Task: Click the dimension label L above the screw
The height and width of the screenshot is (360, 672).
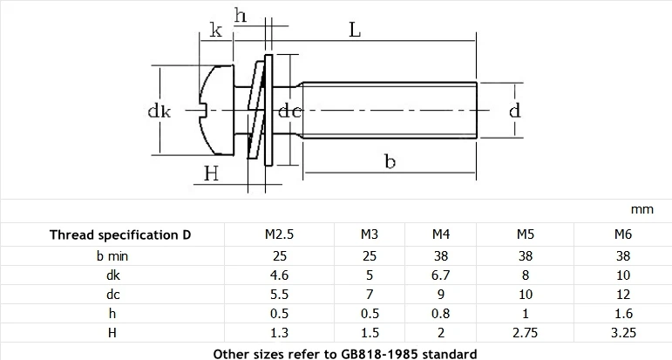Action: click(355, 30)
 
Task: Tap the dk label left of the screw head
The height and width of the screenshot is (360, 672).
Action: click(159, 111)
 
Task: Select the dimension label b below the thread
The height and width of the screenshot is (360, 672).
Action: click(390, 161)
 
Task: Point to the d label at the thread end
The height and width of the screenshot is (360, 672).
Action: click(515, 110)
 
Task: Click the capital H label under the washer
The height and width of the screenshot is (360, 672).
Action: click(211, 173)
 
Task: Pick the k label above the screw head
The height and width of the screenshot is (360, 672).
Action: click(215, 30)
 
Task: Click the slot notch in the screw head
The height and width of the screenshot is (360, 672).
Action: click(204, 110)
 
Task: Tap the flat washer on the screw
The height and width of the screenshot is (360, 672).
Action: click(268, 110)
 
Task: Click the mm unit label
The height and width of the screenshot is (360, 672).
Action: click(642, 209)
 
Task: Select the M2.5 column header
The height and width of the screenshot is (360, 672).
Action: click(280, 234)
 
